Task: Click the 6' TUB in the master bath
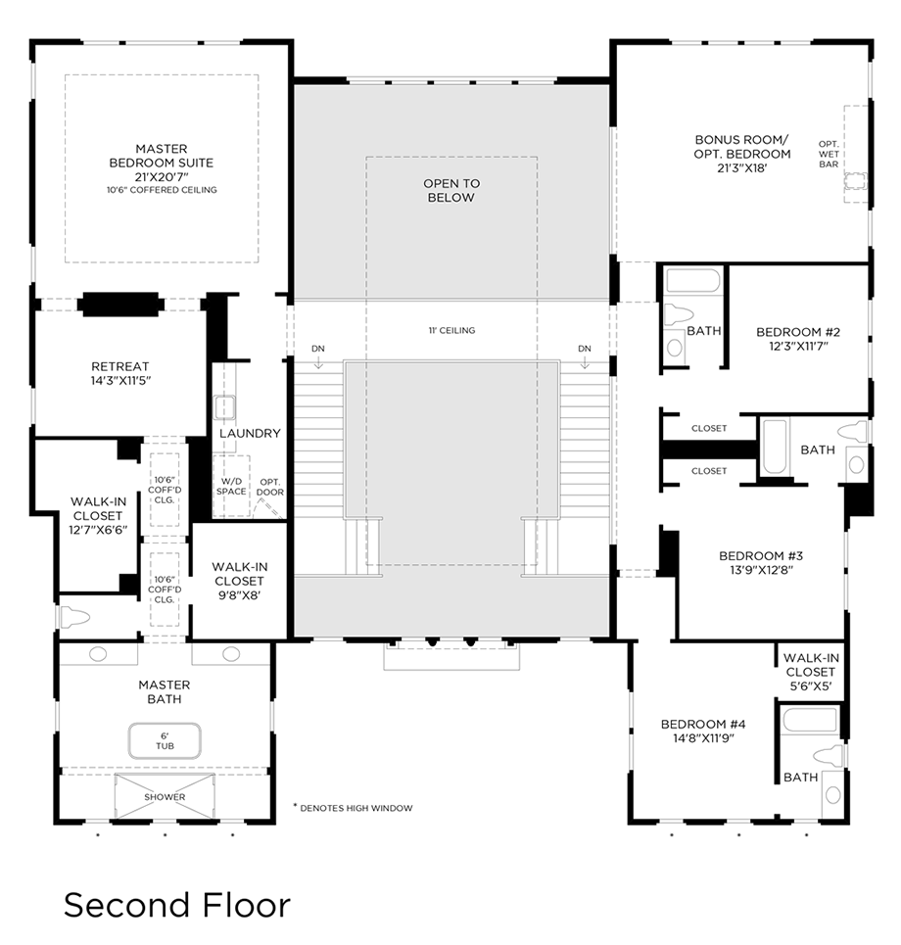164,740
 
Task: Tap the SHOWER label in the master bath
165,797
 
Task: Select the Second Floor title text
177,904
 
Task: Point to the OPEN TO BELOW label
450,190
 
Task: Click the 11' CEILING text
450,331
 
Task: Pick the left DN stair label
318,349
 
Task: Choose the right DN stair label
585,349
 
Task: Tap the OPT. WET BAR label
829,154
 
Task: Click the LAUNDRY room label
250,433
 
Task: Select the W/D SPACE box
232,485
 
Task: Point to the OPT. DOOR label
271,486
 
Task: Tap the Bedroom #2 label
798,332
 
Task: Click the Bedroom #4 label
703,724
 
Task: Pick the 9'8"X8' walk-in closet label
239,594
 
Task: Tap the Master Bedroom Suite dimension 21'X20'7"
162,176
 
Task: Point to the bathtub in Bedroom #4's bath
810,721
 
